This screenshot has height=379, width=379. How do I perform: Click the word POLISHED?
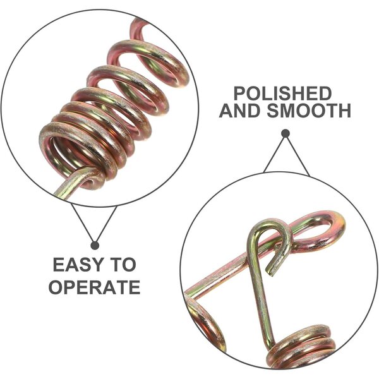coord(283,93)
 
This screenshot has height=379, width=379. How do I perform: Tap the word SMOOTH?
coord(309,111)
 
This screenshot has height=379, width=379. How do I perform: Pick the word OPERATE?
coord(95,287)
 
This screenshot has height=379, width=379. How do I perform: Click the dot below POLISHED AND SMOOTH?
coord(286,133)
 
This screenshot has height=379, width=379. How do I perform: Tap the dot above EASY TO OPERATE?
coord(95,246)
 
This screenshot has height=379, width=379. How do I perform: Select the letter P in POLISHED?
coord(239,93)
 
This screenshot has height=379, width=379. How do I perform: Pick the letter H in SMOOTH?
coord(344,111)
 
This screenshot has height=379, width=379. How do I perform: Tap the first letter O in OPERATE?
coord(56,287)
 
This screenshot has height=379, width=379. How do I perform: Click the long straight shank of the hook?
coord(260,290)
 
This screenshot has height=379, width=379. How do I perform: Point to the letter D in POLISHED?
coord(326,93)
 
